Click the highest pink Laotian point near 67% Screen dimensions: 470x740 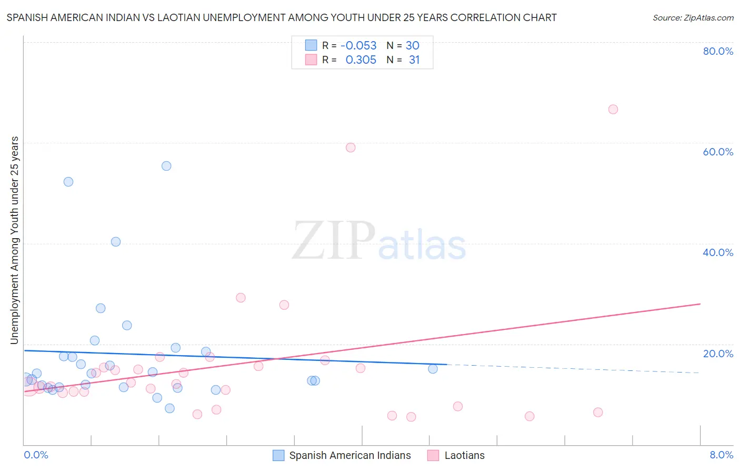click(613, 110)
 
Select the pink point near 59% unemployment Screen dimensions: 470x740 click(351, 148)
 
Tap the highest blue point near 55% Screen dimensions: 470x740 click(166, 166)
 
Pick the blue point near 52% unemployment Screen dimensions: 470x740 click(68, 182)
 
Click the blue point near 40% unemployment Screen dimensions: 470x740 click(116, 242)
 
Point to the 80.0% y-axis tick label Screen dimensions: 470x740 click(718, 51)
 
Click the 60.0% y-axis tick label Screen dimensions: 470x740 click(718, 152)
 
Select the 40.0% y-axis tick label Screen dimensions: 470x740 click(718, 252)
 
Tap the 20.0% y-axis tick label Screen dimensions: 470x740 click(718, 354)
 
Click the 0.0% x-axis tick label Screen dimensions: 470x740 click(36, 455)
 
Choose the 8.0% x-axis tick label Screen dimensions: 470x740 click(721, 455)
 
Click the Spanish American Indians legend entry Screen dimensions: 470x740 click(349, 455)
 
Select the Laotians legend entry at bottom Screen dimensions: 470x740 click(464, 455)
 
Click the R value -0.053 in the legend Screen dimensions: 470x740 click(358, 46)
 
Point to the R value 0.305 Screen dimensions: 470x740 click(361, 60)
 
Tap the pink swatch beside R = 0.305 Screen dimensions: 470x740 click(311, 60)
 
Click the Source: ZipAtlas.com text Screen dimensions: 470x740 click(693, 18)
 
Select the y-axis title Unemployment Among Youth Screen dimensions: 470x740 click(15, 240)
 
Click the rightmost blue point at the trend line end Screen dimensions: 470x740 click(433, 369)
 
